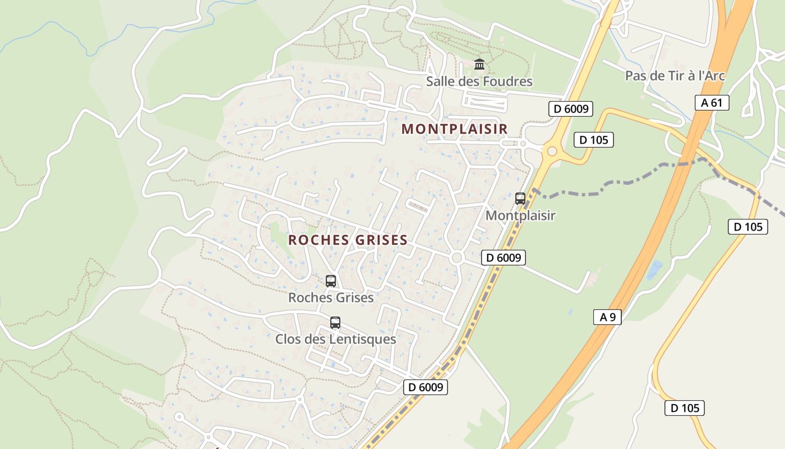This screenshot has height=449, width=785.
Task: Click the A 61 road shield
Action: pyautogui.click(x=712, y=102)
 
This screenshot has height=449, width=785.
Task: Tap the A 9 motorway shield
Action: pyautogui.click(x=607, y=317)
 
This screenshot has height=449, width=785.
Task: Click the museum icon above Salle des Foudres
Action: pyautogui.click(x=479, y=65)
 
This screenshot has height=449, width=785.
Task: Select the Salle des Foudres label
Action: pyautogui.click(x=479, y=81)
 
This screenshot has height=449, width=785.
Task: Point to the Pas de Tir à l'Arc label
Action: pyautogui.click(x=675, y=76)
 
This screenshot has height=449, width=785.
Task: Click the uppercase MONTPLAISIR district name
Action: pyautogui.click(x=455, y=129)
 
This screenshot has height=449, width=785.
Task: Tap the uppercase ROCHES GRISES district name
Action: pyautogui.click(x=348, y=240)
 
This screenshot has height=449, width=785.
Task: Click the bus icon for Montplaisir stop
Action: pyautogui.click(x=520, y=198)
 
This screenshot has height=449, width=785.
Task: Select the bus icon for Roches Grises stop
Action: pyautogui.click(x=331, y=281)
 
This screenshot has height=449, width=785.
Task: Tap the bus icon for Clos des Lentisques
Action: pyautogui.click(x=335, y=323)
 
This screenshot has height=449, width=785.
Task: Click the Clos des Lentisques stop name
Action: pyautogui.click(x=335, y=340)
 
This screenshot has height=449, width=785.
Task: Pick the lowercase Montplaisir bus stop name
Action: pyautogui.click(x=520, y=216)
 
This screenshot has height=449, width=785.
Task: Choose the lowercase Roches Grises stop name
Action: pyautogui.click(x=331, y=297)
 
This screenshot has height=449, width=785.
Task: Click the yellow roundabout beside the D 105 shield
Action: pyautogui.click(x=552, y=151)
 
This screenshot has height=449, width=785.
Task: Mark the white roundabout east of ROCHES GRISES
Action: pyautogui.click(x=456, y=258)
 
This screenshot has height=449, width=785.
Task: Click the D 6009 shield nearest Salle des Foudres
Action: pyautogui.click(x=570, y=109)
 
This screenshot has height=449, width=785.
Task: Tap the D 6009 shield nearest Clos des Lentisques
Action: pyautogui.click(x=426, y=387)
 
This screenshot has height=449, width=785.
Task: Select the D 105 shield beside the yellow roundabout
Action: pyautogui.click(x=593, y=140)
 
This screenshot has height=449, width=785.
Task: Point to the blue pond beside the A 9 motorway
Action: pyautogui.click(x=654, y=270)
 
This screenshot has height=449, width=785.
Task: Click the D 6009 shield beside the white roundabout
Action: pyautogui.click(x=503, y=258)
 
